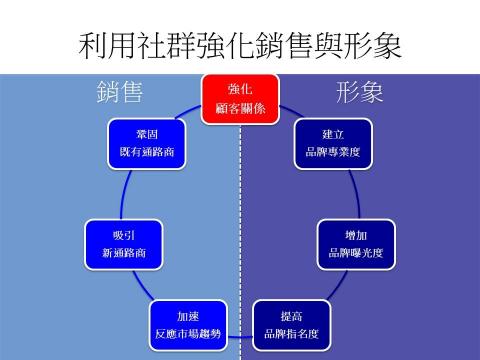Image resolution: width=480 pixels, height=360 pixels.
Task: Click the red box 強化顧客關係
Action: point(240,97)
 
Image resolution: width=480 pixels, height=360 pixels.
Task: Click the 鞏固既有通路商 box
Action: point(147,143)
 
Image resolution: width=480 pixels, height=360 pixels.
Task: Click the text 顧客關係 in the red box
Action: point(240,106)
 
